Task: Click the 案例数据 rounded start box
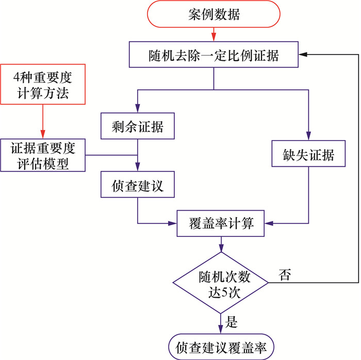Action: (213, 15)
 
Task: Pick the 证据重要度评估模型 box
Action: (43, 156)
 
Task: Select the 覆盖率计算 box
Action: (222, 224)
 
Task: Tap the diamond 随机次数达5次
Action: (221, 283)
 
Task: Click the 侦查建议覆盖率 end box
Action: (221, 346)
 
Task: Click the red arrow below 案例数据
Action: (214, 34)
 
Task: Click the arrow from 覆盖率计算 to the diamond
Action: (221, 244)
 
